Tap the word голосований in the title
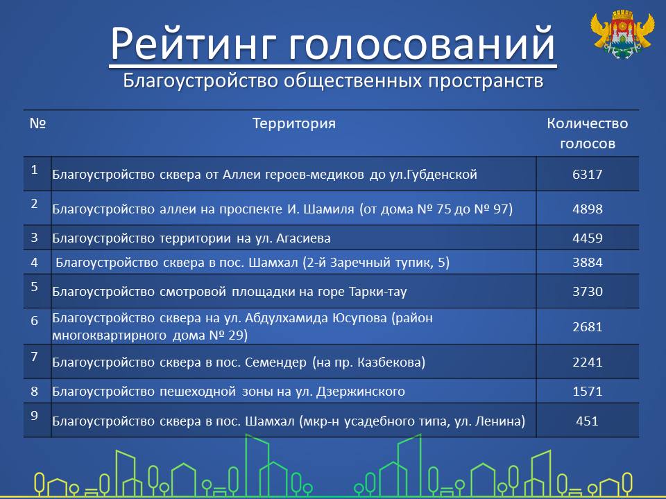coord(422,43)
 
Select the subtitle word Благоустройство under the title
coord(200,80)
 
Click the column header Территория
coord(294,123)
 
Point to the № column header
coord(37,123)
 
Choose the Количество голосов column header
coord(588,133)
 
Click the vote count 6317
coord(588,175)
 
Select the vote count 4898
coord(588,209)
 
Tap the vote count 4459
coord(588,238)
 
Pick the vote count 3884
coord(588,262)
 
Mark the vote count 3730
coord(588,292)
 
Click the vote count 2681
coord(588,326)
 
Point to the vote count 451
coord(588,421)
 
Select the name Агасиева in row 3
coord(303,238)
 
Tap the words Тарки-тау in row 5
coord(377,292)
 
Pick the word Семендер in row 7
coord(275,362)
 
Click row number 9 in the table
coord(35,415)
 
